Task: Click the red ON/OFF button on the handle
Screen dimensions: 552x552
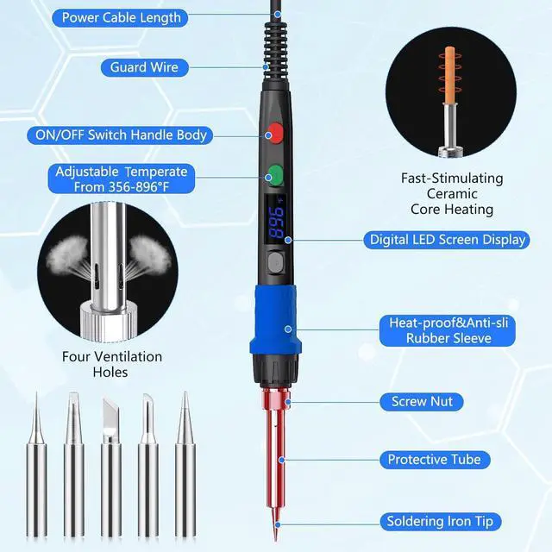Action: coord(274,133)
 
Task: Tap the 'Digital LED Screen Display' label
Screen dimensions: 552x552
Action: coord(448,240)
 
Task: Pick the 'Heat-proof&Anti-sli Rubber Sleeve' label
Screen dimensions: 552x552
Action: coord(448,330)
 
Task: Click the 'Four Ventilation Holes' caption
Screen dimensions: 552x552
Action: coord(111,364)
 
